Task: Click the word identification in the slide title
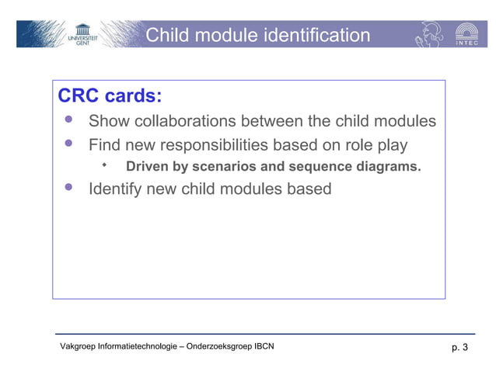coord(316,36)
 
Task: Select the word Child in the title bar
coord(167,36)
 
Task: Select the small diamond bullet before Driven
coord(104,165)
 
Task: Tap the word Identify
coord(117,189)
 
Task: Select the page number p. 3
coord(459,347)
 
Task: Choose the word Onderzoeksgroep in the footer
coord(214,346)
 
